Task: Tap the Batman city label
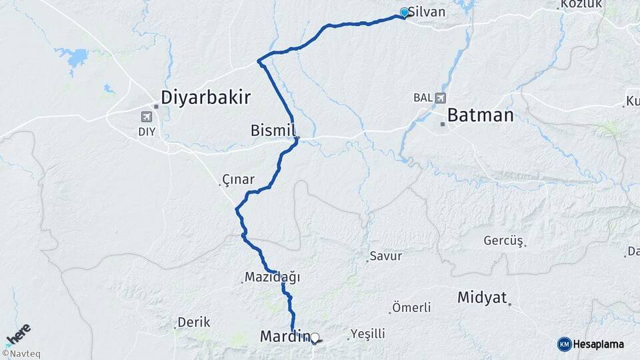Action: click(480, 115)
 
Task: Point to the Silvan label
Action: click(427, 12)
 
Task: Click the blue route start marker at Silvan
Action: click(404, 12)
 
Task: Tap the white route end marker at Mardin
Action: click(315, 338)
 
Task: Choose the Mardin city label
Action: click(284, 337)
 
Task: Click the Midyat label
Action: click(482, 297)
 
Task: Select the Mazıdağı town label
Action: click(273, 276)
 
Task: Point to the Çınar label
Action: click(239, 179)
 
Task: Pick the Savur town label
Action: click(386, 255)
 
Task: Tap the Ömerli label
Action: click(411, 307)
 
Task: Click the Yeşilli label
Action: click(367, 333)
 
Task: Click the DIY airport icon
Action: click(147, 117)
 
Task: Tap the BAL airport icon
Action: click(440, 98)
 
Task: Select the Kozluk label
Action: click(572, 4)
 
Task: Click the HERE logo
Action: click(18, 334)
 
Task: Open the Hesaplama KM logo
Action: click(591, 344)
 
